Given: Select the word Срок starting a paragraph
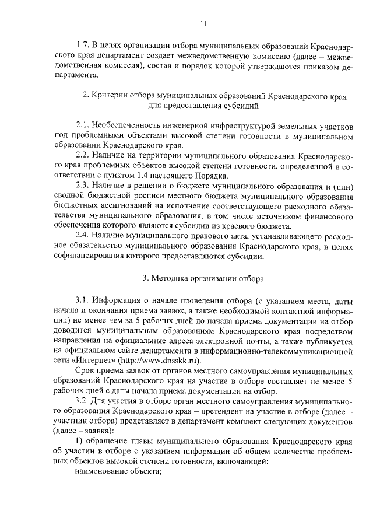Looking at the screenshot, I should pyautogui.click(x=85, y=372).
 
